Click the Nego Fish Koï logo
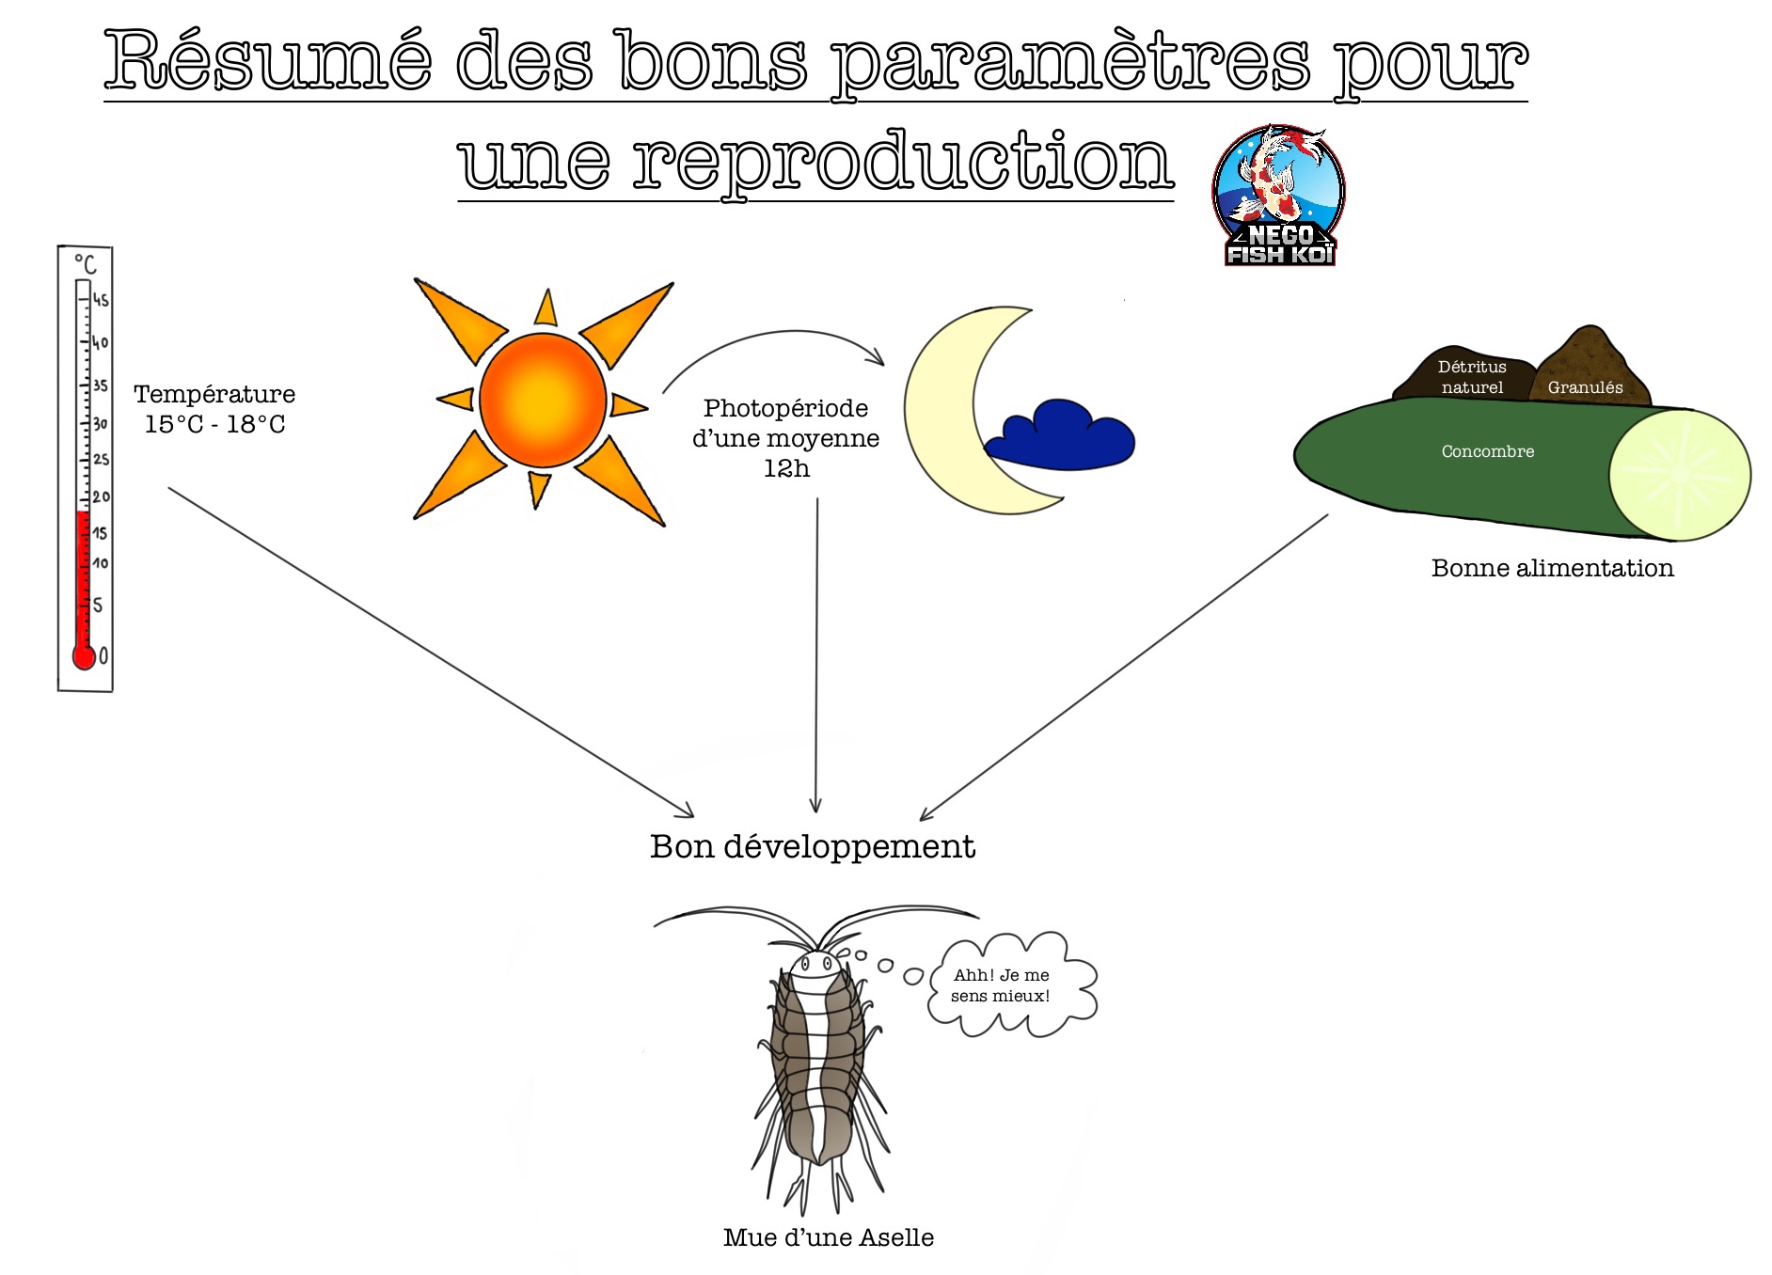1279,195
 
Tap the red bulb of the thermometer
84,656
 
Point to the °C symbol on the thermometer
86,263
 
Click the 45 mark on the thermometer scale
100,301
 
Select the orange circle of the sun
543,399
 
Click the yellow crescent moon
950,423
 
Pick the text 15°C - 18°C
214,424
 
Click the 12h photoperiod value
786,468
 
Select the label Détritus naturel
1472,377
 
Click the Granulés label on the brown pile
1585,387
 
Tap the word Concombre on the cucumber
1487,451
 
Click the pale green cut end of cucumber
1679,475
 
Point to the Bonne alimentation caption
1552,568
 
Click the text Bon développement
813,847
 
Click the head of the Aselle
815,966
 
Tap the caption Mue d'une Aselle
828,1237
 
